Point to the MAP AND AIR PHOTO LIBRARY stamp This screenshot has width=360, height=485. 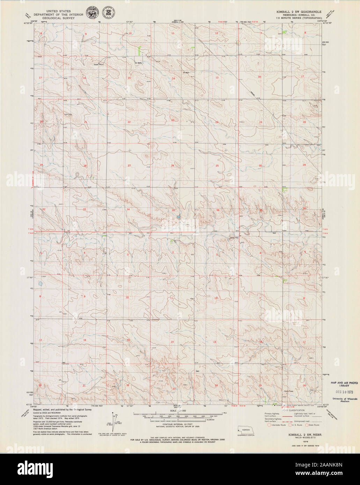click(x=341, y=384)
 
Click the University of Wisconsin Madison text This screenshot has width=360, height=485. click(x=341, y=400)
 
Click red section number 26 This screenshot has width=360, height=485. click(x=172, y=166)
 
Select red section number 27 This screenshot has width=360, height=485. click(x=129, y=165)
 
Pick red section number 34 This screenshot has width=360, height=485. click(x=128, y=210)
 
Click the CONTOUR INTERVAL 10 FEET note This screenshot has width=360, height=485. click(x=178, y=425)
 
